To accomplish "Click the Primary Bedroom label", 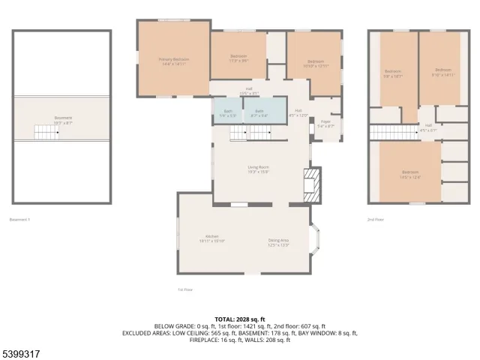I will [x=172, y=61].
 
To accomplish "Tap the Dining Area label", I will [x=278, y=242].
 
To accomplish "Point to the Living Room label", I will [x=259, y=169].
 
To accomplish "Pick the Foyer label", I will [x=325, y=124].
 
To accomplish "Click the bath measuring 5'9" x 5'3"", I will [x=227, y=113].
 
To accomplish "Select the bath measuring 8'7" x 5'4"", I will [x=259, y=113].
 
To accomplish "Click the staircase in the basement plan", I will [x=46, y=133].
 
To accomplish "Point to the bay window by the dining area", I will [x=316, y=242].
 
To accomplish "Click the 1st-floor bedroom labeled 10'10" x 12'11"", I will [x=315, y=64].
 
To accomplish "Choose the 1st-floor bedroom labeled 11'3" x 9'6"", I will [x=238, y=58].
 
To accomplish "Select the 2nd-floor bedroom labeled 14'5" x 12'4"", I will [x=410, y=174].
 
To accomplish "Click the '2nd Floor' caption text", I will [x=375, y=220].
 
